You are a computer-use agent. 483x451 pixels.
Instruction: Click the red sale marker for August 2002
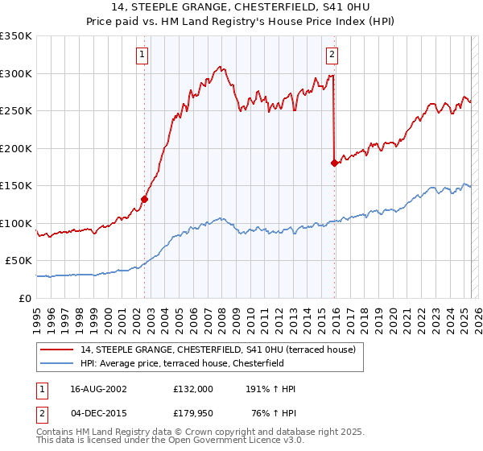tap(145, 199)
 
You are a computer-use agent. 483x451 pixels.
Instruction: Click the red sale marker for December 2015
tap(335, 163)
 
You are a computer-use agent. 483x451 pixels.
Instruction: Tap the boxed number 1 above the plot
tap(142, 55)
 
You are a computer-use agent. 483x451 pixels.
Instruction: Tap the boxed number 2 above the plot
tap(332, 55)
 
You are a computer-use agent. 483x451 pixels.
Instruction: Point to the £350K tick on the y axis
tap(16, 36)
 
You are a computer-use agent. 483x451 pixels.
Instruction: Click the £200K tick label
tap(16, 148)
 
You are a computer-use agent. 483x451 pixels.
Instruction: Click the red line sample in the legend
tap(56, 349)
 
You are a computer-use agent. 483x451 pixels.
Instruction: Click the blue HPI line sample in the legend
tap(56, 362)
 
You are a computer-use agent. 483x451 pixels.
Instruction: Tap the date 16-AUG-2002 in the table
tap(99, 389)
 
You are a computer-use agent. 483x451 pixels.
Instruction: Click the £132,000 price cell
tap(193, 389)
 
